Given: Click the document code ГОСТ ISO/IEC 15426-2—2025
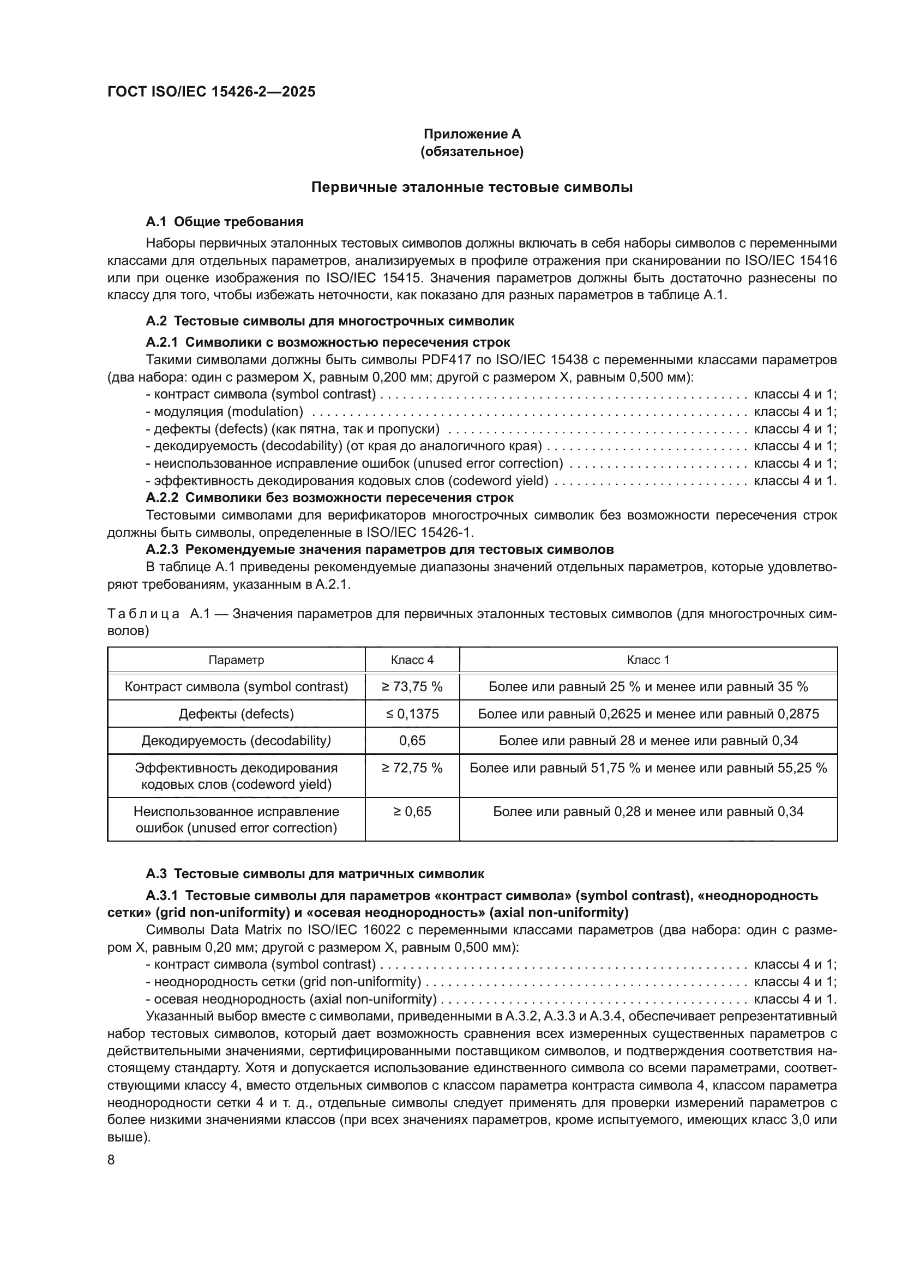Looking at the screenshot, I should (x=211, y=92).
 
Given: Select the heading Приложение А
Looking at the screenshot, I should (x=472, y=134).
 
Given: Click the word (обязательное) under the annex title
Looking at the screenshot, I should (x=472, y=152).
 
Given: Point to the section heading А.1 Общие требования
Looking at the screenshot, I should (x=224, y=222).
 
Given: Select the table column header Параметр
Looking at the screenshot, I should (x=236, y=660).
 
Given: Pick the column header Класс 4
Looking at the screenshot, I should (x=412, y=660).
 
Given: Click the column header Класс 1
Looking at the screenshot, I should (x=648, y=660).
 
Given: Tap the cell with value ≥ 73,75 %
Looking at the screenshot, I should (x=412, y=687).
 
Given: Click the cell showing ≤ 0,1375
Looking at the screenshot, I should (x=412, y=714).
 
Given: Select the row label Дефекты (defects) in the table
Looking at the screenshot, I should (x=236, y=714).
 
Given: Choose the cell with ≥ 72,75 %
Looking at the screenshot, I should (x=412, y=768).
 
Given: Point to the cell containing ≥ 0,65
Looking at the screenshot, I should (x=412, y=811).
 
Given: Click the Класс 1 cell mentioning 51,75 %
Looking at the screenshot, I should (x=648, y=768).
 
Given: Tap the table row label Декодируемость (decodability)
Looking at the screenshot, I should (x=236, y=741).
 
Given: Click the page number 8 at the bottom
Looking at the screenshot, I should (x=111, y=1160).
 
